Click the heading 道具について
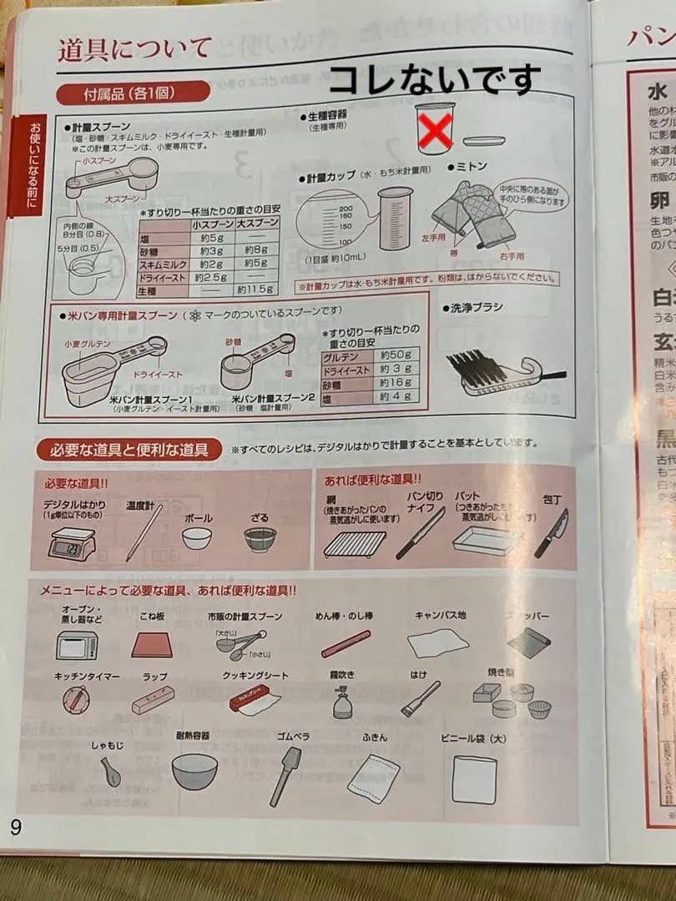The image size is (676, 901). click(134, 49)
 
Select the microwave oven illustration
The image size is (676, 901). click(77, 645)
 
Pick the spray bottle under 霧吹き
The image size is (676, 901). click(342, 702)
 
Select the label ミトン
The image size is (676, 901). click(471, 167)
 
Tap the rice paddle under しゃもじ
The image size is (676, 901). click(110, 772)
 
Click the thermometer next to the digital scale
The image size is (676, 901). click(141, 534)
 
